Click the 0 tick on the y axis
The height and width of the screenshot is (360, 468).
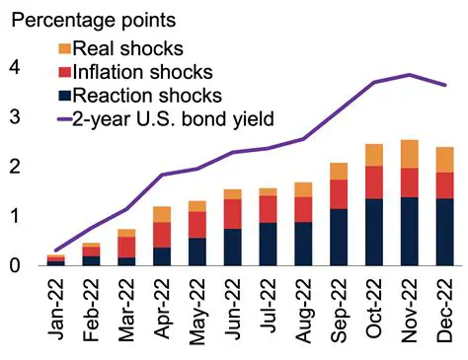tap(14, 265)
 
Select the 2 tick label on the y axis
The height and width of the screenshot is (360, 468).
tap(14, 167)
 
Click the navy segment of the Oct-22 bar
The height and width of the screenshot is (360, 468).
tap(374, 232)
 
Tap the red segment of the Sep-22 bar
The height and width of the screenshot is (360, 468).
tap(339, 194)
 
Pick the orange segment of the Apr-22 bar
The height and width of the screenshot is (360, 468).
tap(162, 214)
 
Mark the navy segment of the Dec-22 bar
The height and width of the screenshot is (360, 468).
tap(445, 232)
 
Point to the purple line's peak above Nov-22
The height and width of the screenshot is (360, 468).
tap(410, 75)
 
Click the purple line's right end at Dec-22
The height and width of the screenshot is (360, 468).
tap(445, 85)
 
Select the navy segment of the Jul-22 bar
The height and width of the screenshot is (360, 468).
tap(269, 244)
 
